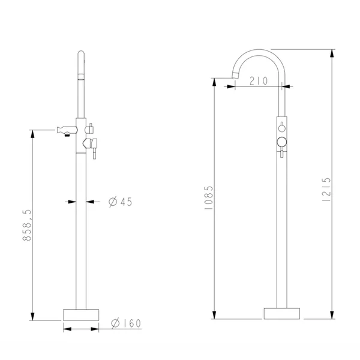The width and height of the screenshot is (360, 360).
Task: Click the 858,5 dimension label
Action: [27, 225]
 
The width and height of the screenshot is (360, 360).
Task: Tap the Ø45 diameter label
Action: [121, 202]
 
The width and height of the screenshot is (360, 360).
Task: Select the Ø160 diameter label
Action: [126, 323]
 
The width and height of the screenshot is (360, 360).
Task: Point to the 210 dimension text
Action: [259, 81]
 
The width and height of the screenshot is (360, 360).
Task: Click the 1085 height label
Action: [209, 197]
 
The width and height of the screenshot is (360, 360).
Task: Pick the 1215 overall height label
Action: [326, 190]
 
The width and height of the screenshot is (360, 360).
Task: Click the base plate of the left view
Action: [81, 315]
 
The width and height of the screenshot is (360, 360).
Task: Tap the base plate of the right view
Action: [282, 313]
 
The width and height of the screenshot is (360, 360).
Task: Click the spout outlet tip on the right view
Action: [235, 75]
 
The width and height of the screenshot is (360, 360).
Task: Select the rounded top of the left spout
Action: [81, 53]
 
